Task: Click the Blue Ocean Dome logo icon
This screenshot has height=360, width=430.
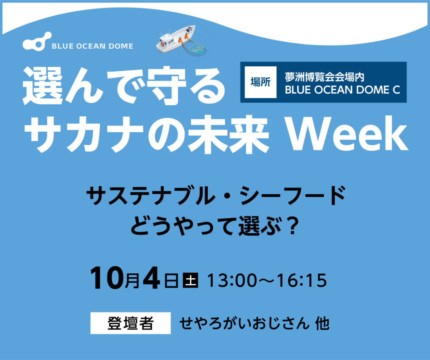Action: pos(37,42)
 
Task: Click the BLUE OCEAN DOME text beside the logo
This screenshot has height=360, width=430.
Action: pos(92,46)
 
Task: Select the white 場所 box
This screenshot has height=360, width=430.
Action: pos(260,82)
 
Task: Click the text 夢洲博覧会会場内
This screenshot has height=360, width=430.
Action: pos(325,77)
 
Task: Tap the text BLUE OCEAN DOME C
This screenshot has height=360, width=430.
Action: pos(343,90)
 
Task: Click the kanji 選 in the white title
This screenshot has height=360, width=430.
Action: pos(43,86)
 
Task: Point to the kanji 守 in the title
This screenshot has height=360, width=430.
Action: pos(166,86)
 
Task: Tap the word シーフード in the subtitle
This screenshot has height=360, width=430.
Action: pos(293,196)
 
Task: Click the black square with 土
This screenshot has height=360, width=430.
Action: pos(191,280)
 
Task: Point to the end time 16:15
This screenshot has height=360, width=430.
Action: pos(302,280)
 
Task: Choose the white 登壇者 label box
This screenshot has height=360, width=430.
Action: pos(131,323)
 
